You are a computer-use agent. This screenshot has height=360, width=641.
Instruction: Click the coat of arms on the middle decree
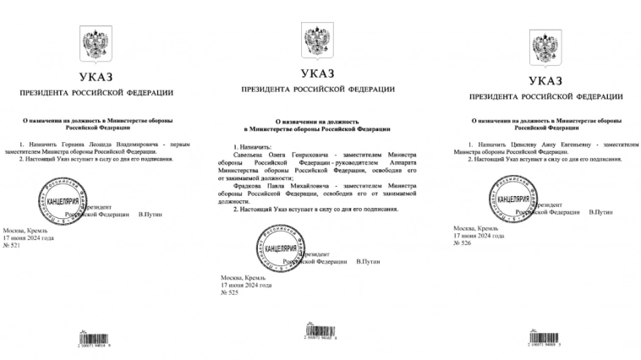point(317,38)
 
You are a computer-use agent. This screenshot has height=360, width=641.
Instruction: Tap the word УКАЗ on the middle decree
point(317,74)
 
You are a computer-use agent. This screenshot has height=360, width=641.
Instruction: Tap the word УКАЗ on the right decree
point(542,81)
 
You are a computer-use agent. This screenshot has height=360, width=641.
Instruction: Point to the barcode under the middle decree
point(317,331)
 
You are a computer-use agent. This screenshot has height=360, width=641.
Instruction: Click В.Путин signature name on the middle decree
point(370,262)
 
